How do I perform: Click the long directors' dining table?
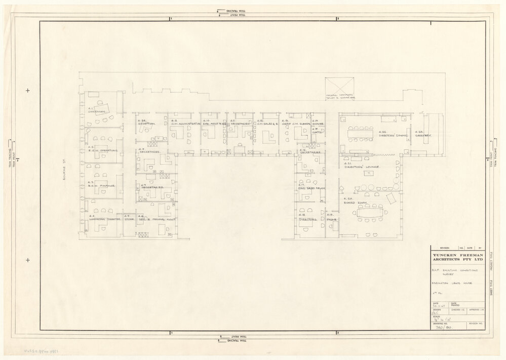[360, 133]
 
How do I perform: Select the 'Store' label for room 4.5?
[129, 219]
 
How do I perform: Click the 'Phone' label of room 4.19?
[332, 220]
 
